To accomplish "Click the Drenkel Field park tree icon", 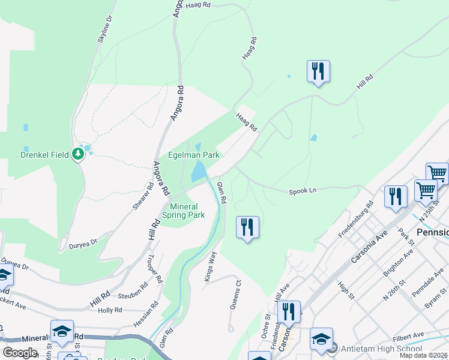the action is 77,154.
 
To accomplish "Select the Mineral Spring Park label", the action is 184,211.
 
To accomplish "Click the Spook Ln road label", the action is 302,190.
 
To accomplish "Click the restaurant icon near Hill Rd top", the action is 318,71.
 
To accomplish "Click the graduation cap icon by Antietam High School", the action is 321,339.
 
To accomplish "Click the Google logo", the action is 20,353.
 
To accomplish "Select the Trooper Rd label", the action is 155,271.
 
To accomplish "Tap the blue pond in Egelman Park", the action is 197,172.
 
